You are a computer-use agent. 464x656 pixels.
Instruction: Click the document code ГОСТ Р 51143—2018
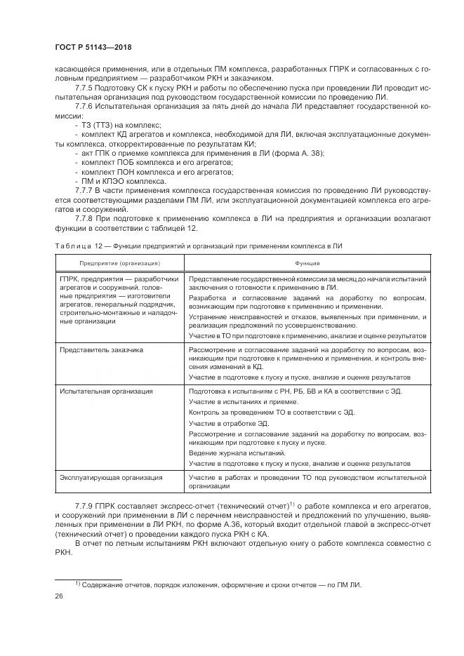[x=93, y=47]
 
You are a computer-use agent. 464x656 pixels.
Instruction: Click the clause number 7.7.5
[x=86, y=88]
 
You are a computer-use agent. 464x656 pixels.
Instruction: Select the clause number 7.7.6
[x=86, y=107]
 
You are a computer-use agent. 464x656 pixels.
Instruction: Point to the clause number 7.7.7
[x=86, y=189]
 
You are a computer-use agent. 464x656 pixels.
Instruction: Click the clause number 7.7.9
[x=86, y=505]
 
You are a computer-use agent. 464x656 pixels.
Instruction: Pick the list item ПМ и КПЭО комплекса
[x=123, y=180]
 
